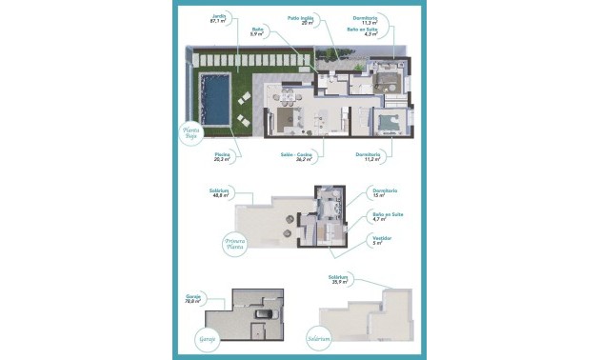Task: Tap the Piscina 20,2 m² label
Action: (x=222, y=157)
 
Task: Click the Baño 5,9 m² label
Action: (x=258, y=32)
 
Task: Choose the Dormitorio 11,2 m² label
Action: (x=369, y=157)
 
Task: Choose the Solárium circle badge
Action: (x=318, y=338)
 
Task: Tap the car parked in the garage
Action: (x=267, y=316)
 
